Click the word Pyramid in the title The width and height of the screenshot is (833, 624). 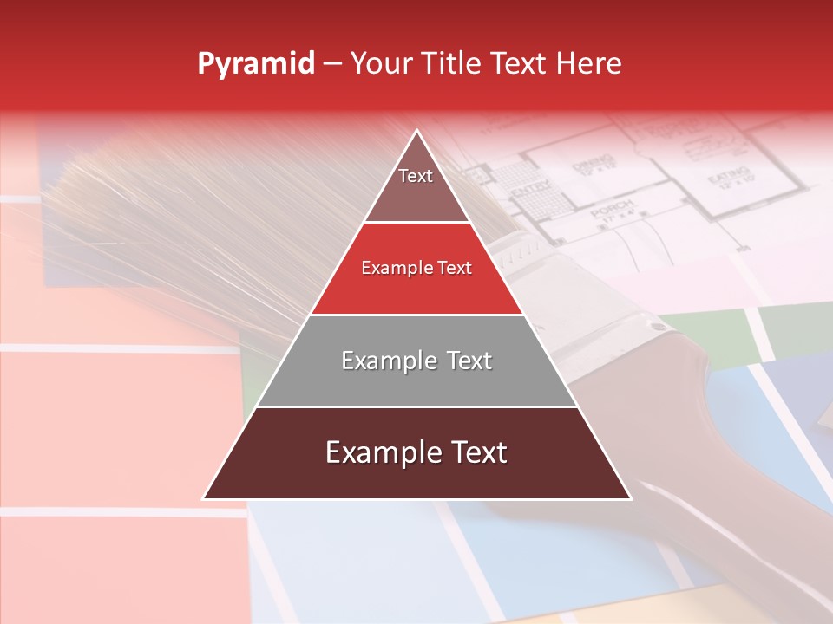(256, 64)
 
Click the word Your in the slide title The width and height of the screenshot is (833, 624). (382, 63)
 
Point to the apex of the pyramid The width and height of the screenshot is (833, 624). (417, 133)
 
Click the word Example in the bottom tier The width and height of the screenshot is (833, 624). (378, 452)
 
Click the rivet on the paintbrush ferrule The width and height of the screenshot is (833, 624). (657, 327)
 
